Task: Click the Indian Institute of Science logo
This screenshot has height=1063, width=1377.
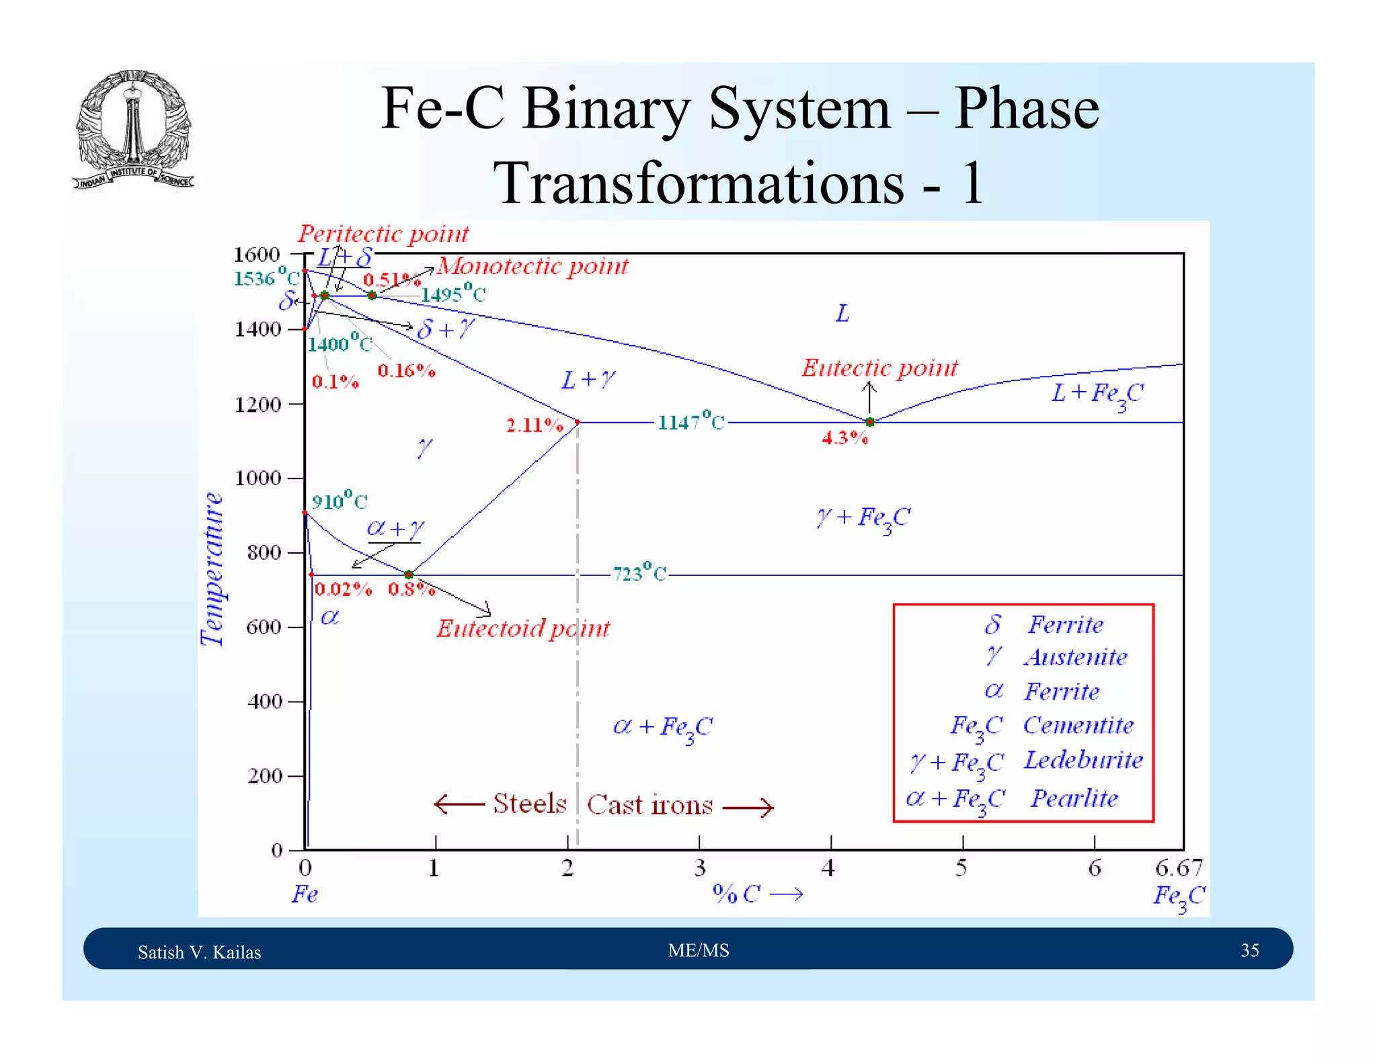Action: [x=133, y=130]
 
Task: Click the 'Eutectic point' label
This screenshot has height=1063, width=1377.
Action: [x=879, y=368]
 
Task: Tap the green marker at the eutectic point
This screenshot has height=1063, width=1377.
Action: [x=870, y=422]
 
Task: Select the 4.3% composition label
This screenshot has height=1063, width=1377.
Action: [x=845, y=439]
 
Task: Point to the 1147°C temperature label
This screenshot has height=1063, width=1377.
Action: [x=691, y=422]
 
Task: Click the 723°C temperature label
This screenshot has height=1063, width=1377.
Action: [x=639, y=574]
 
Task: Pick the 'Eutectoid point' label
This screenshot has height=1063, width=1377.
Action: [x=523, y=629]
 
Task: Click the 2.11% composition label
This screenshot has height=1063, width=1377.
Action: [x=535, y=425]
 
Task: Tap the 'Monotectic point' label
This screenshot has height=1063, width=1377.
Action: [x=533, y=267]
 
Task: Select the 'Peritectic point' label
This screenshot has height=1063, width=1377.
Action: [x=383, y=234]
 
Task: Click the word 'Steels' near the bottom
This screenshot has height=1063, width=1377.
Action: [x=530, y=804]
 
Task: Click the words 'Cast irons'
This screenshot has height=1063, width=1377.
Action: [x=650, y=805]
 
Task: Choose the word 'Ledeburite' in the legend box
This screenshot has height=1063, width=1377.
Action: [x=1083, y=761]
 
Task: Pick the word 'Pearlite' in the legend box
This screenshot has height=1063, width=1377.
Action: [x=1074, y=798]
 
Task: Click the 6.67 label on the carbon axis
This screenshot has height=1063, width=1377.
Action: [x=1179, y=868]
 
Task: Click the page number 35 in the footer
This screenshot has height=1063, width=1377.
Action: [x=1249, y=950]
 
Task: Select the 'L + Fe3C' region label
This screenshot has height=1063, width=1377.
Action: [x=1097, y=394]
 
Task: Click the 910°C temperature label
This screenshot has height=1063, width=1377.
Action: [x=340, y=501]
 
